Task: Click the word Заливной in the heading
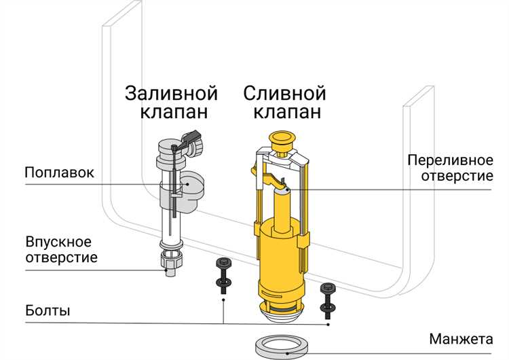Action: (170, 92)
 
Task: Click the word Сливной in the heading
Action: (284, 92)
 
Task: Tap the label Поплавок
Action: (59, 171)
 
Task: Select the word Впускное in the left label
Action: (58, 242)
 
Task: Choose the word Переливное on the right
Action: (450, 160)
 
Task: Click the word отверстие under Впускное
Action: (61, 258)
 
